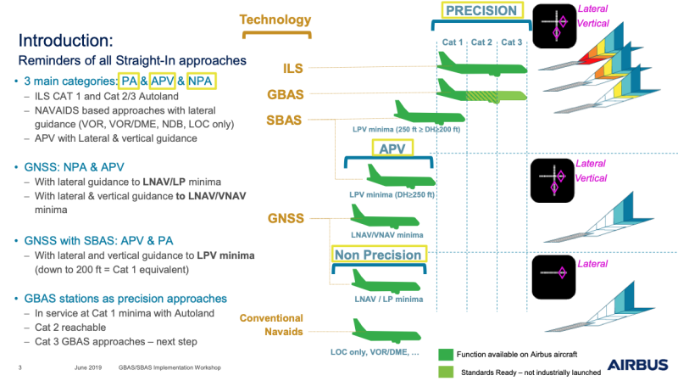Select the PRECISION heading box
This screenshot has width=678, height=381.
point(481,12)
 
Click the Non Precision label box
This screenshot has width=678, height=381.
point(377,254)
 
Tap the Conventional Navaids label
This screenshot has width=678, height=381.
point(271,325)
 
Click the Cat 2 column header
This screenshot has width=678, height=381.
point(481,42)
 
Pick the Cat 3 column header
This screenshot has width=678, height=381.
point(511,42)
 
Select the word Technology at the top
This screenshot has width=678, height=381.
point(275,20)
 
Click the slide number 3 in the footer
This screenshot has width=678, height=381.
point(19,368)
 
